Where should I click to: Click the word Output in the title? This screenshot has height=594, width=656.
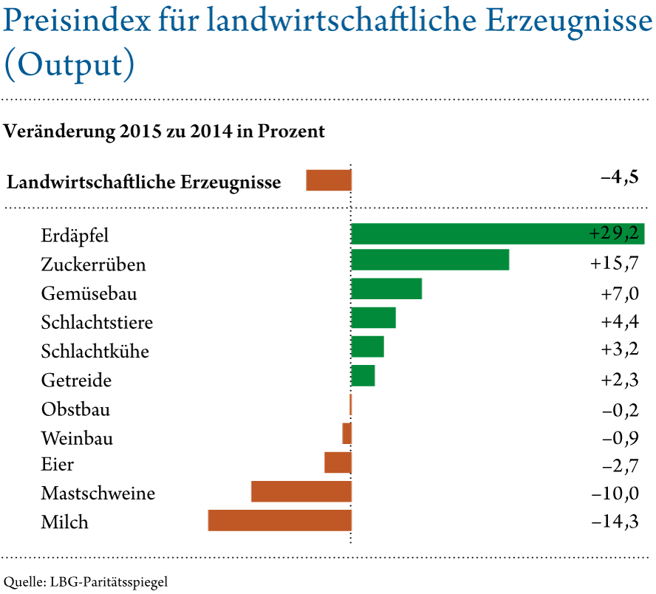coord(69,65)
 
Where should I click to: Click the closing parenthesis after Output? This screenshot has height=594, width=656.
coord(129,65)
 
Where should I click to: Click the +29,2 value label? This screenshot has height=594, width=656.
coord(614,234)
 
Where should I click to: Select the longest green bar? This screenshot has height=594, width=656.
coord(473,234)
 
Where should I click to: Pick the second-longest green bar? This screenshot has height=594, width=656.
coord(430,260)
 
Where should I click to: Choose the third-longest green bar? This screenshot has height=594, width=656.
coord(386,289)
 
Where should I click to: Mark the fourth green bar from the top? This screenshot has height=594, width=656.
coord(374,318)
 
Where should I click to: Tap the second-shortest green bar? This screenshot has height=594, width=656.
coord(367,346)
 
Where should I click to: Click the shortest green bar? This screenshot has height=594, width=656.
coord(363,375)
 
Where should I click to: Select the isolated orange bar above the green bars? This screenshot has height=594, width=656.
coord(329,180)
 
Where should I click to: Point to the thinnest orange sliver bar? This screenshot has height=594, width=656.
coord(350,404)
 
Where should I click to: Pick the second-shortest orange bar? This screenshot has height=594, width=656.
coord(347,433)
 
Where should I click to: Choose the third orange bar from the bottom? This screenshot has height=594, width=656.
coord(338,462)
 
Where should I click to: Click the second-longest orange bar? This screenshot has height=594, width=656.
coord(301,491)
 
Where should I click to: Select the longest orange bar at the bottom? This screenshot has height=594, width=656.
coord(279,520)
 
